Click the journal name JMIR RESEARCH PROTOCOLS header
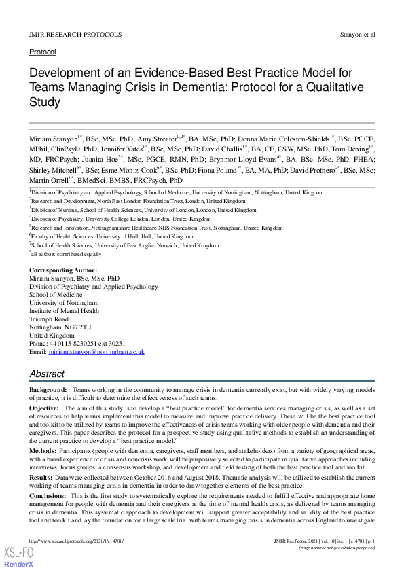coord(75,33)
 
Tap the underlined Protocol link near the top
coord(42,52)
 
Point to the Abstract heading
coord(47,374)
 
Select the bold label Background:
coord(48,390)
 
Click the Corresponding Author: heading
coord(63,270)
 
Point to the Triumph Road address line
coord(49,319)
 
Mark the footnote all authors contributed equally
coord(67,254)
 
